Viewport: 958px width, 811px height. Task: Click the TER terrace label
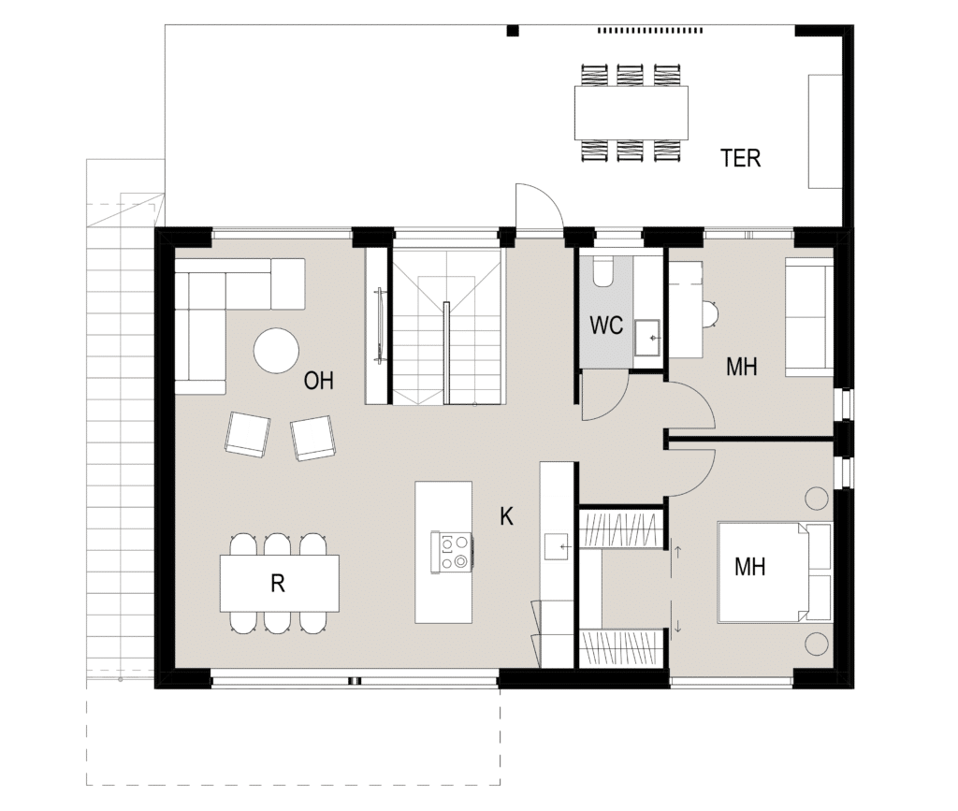[741, 158]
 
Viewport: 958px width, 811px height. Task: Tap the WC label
[606, 326]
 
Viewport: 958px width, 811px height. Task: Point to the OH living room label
[318, 381]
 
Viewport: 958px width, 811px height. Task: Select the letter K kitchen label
[506, 516]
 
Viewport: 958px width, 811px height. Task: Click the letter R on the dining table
[277, 584]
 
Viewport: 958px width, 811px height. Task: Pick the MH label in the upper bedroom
[742, 367]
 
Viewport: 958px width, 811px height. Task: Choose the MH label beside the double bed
[749, 567]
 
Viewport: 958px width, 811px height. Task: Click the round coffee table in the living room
[276, 351]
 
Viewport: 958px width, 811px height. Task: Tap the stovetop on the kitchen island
[452, 552]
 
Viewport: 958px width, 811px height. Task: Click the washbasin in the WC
[647, 337]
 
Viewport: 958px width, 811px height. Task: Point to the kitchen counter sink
[557, 546]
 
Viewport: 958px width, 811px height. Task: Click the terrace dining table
[631, 112]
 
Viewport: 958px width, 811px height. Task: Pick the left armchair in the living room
[247, 434]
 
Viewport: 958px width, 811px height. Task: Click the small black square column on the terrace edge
[513, 30]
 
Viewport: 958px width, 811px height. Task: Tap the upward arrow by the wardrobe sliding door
[677, 552]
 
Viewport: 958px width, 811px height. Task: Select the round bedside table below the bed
[817, 644]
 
